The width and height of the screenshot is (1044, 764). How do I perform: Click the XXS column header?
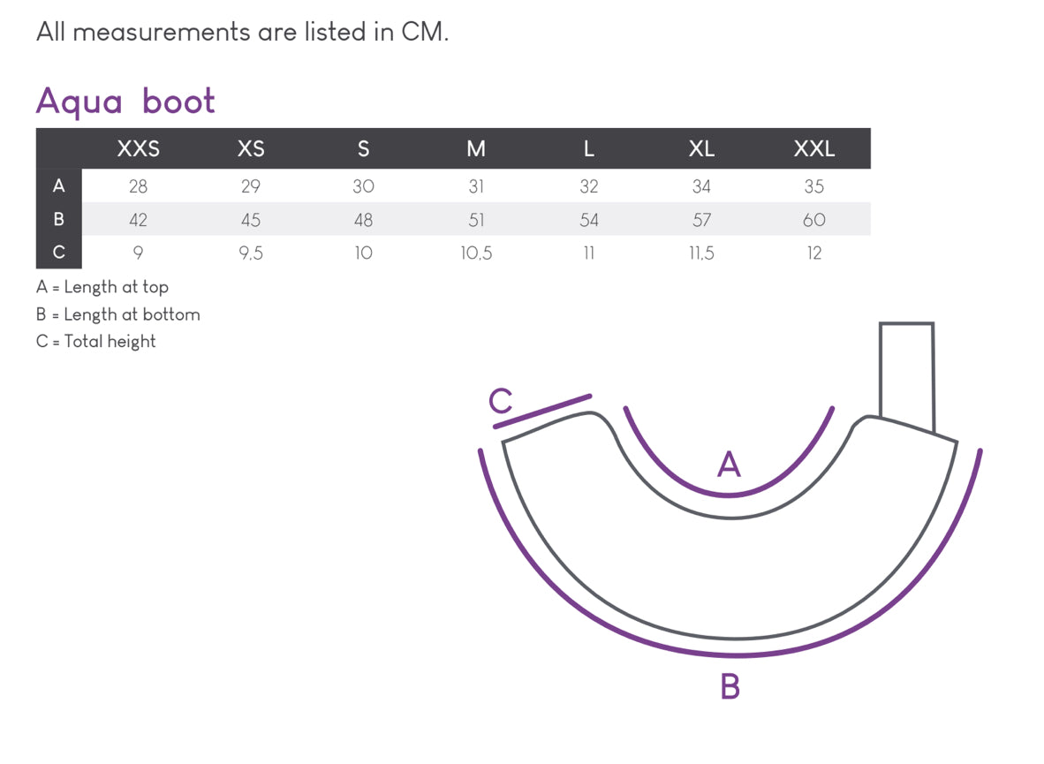click(139, 148)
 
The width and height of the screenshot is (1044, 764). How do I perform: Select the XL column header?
click(701, 148)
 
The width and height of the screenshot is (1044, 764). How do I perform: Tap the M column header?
click(476, 148)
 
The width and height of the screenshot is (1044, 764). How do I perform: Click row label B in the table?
click(58, 219)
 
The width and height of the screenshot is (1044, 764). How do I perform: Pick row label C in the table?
click(58, 253)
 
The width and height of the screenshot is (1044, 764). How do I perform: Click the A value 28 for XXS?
click(139, 186)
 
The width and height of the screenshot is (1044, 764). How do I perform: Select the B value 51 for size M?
click(476, 220)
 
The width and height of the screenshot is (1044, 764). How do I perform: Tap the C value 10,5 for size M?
click(476, 253)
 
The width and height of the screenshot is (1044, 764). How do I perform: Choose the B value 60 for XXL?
click(813, 220)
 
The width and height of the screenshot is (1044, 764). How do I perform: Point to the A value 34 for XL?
click(701, 186)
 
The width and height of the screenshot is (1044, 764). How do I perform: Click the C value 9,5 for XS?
click(251, 253)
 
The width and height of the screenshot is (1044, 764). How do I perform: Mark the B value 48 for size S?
click(363, 220)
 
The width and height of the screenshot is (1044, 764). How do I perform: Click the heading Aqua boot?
click(125, 102)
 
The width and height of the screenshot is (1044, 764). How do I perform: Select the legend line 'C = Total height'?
click(95, 342)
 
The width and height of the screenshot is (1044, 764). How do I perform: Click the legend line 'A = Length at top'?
click(102, 287)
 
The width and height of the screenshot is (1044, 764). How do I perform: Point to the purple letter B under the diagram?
click(730, 686)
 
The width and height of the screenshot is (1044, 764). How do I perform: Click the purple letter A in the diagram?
click(729, 464)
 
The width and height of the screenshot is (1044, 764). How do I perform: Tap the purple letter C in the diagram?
click(500, 402)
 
